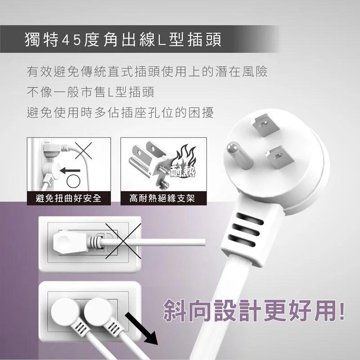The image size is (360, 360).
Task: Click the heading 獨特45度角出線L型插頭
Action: [123, 39]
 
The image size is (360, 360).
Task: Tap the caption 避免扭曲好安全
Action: [68, 198]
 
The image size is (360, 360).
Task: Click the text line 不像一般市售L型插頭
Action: [90, 92]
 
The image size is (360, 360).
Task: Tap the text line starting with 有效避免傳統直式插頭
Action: [147, 72]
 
